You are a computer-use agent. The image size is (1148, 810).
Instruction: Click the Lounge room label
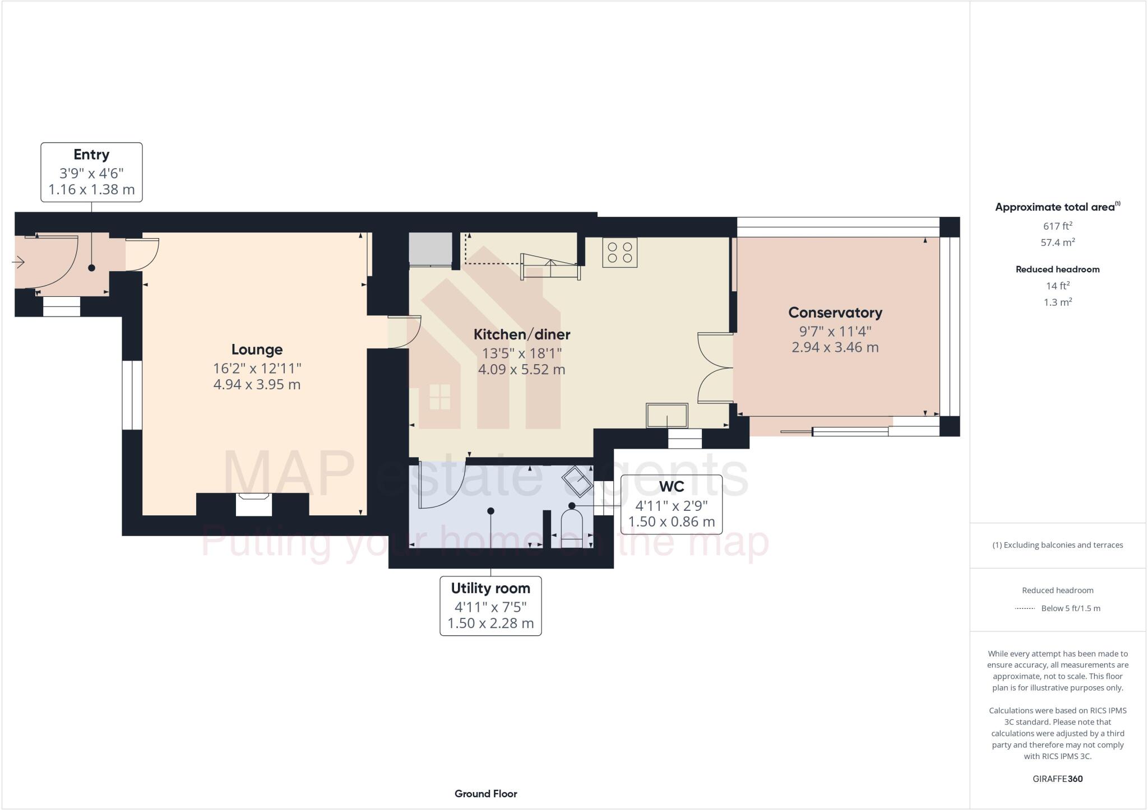click(257, 350)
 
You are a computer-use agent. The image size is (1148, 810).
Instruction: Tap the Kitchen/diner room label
click(521, 334)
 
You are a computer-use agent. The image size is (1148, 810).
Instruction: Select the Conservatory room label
click(835, 313)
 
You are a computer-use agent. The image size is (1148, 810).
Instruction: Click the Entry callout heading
click(91, 155)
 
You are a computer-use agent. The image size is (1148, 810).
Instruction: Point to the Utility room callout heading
click(490, 588)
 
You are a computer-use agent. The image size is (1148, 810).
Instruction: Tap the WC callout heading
click(671, 486)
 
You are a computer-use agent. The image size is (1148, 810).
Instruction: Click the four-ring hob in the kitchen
click(619, 252)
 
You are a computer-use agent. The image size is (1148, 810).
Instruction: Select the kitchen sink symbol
click(666, 416)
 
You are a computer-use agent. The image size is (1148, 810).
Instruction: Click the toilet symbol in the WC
click(572, 527)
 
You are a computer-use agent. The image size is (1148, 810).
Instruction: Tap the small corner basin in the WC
click(577, 481)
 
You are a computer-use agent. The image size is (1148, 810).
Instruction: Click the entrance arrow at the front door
click(18, 262)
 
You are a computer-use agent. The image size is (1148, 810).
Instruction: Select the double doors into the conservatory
click(715, 368)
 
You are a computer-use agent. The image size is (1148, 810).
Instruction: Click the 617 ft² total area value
click(1057, 226)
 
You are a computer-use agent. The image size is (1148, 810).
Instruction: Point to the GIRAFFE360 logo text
click(1057, 779)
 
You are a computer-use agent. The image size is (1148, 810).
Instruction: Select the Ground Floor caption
click(485, 793)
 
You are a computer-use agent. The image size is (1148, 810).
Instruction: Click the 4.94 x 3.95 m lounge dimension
click(257, 385)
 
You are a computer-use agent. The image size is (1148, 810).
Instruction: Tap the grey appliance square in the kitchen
click(430, 248)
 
